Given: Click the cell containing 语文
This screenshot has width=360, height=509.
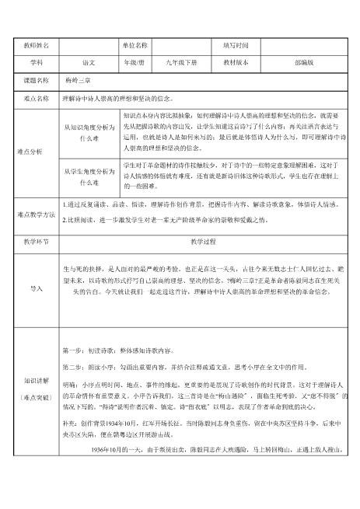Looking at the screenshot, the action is point(88,63).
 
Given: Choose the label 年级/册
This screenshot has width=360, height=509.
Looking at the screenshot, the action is point(135,63).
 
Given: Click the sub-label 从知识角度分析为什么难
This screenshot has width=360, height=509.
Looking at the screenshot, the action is point(89,131).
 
